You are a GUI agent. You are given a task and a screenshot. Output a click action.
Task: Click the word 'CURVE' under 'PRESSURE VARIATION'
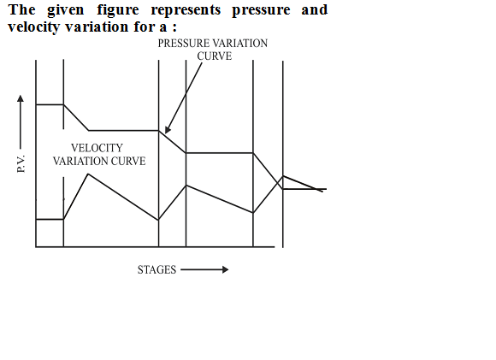tap(215, 56)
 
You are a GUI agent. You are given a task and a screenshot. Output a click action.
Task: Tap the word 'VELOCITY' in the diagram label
tap(97, 148)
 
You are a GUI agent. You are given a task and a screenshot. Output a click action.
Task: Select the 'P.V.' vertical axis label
tap(21, 163)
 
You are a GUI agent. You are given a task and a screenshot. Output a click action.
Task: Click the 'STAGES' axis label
tap(156, 270)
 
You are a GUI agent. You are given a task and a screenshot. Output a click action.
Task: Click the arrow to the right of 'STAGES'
tap(204, 269)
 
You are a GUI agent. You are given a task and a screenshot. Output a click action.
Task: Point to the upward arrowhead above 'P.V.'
tap(21, 98)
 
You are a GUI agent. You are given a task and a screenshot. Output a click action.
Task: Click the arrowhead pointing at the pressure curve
tap(168, 130)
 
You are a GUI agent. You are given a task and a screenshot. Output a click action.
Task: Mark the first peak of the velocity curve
tap(88, 174)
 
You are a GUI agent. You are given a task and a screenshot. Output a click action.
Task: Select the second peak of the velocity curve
tap(186, 185)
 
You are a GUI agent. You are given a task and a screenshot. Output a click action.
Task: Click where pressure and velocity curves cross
tap(279, 182)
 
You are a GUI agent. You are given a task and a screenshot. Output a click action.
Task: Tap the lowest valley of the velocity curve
tap(158, 220)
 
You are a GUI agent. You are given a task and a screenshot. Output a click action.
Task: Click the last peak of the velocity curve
tap(283, 176)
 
